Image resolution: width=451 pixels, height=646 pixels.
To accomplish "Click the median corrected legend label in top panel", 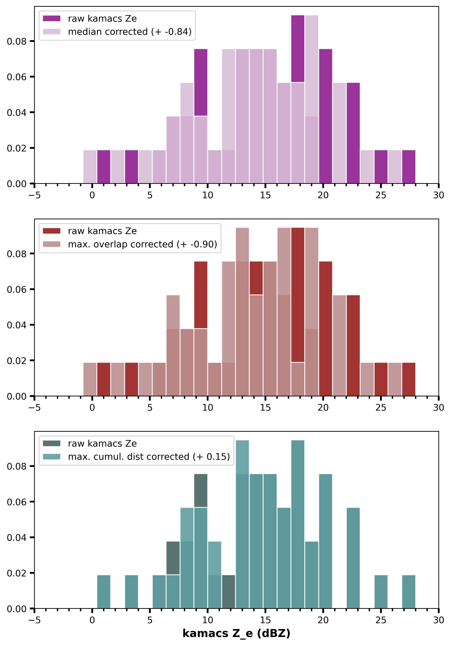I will click(x=130, y=32).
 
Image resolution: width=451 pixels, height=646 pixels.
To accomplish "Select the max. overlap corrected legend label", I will click(x=142, y=244).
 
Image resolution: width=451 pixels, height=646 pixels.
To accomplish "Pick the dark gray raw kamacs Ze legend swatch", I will click(x=52, y=443).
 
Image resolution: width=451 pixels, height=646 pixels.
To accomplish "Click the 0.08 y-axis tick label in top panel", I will click(x=16, y=41).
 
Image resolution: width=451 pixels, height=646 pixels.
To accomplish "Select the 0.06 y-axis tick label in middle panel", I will click(x=16, y=290).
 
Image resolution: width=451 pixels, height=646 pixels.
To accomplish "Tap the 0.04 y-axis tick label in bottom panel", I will click(x=16, y=538).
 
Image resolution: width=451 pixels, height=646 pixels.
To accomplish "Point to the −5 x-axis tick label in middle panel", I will click(x=34, y=408).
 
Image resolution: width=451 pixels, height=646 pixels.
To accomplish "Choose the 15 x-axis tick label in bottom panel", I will click(x=265, y=620).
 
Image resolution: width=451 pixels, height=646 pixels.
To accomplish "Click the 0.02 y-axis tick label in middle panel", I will click(x=16, y=361).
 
